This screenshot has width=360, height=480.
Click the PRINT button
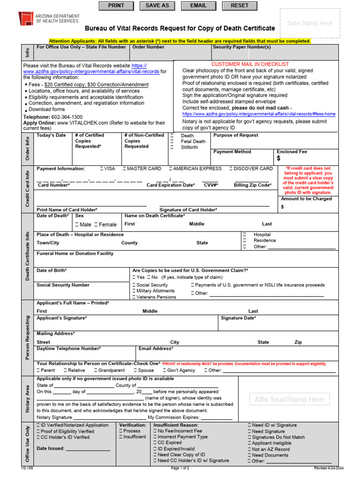(116, 6)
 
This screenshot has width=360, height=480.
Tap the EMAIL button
(198, 6)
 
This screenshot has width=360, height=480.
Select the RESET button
(240, 6)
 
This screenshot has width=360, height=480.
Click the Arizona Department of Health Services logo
(26, 18)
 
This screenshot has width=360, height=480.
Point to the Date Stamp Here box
(309, 23)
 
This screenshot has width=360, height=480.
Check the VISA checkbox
(102, 169)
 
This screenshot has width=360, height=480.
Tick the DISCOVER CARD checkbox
(232, 169)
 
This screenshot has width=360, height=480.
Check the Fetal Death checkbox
(172, 142)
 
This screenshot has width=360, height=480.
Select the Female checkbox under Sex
(96, 225)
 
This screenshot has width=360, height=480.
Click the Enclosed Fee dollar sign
(279, 159)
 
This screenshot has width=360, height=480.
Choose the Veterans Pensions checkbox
(135, 297)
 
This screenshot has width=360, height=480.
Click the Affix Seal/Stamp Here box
(289, 399)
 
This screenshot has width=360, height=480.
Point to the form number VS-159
(27, 468)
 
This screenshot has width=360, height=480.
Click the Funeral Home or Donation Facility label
(75, 254)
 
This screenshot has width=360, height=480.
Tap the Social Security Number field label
(63, 285)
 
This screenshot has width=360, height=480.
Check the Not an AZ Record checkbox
(249, 449)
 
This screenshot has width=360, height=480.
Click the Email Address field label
(156, 349)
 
